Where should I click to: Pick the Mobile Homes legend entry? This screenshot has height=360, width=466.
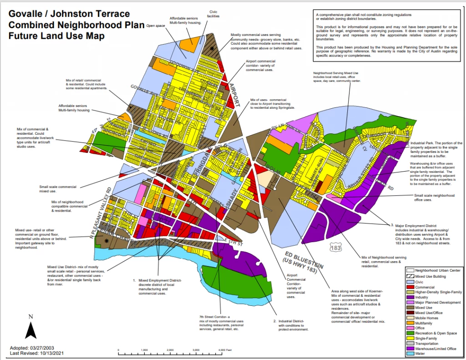pyautogui.click(x=433, y=317)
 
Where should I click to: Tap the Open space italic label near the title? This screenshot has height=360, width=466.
pyautogui.click(x=155, y=26)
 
